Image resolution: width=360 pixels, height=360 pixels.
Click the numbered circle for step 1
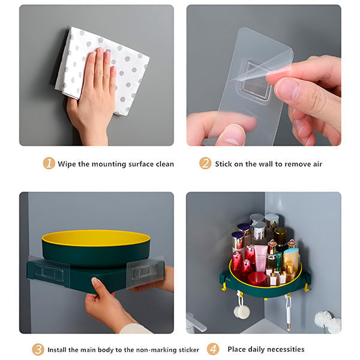(x=49, y=163)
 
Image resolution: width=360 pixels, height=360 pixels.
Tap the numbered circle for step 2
(x=205, y=163)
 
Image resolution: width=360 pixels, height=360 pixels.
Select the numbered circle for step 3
(x=38, y=349)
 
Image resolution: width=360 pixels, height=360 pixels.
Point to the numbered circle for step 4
(x=213, y=349)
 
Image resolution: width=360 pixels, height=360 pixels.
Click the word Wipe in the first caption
(x=67, y=164)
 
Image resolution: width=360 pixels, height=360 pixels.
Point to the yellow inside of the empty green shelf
(x=96, y=238)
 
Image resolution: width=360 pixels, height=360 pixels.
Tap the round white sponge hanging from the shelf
(x=242, y=311)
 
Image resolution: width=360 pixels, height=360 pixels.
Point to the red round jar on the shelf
(x=257, y=278)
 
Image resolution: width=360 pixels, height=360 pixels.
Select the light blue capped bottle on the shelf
(x=280, y=263)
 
